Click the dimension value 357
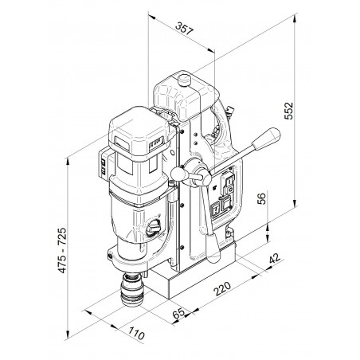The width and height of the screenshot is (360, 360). (184, 29)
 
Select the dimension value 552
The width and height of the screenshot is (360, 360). (288, 111)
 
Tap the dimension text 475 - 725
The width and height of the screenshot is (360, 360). (62, 250)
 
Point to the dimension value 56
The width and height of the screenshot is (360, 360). (261, 198)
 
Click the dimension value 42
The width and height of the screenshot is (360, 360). (275, 258)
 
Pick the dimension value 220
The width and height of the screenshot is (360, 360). (222, 288)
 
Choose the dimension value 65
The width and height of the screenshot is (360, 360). (178, 313)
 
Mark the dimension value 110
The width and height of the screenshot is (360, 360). (137, 334)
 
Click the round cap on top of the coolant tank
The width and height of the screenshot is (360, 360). (184, 80)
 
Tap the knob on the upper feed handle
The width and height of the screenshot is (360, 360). (267, 139)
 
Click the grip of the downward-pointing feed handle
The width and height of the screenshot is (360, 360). (213, 248)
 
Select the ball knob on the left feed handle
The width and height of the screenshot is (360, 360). (178, 174)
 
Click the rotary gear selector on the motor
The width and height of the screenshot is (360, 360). (155, 229)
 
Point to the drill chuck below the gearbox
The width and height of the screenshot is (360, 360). (132, 289)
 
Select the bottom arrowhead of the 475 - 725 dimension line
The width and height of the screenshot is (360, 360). (68, 335)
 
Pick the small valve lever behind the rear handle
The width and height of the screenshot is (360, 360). (229, 110)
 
